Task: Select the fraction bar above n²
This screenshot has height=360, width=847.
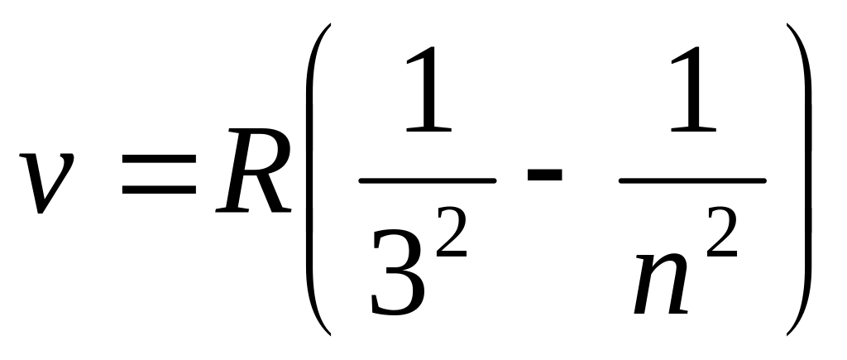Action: tap(692, 180)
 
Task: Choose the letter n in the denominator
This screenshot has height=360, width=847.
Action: tap(662, 286)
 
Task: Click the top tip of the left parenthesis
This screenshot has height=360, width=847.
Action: tap(330, 26)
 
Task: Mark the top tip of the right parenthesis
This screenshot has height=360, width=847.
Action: tap(789, 26)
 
